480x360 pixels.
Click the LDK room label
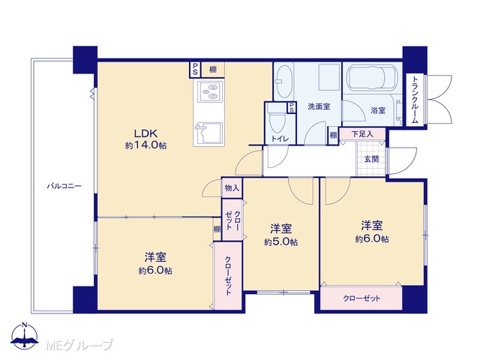(x=145, y=133)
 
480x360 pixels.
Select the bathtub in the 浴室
(x=370, y=78)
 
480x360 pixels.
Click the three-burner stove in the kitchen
(x=208, y=91)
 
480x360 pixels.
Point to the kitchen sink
(x=208, y=133)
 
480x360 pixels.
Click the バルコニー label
(x=64, y=186)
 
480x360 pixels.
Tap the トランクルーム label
(x=415, y=100)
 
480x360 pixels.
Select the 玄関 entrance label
(x=372, y=159)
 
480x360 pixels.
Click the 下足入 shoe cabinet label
(x=362, y=134)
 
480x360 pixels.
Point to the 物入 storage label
(x=232, y=188)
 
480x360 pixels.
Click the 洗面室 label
(x=319, y=106)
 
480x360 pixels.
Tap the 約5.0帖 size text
(x=280, y=242)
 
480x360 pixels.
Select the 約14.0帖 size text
(x=145, y=145)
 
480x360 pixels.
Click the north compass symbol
(x=25, y=336)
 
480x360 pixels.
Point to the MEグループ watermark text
(x=79, y=346)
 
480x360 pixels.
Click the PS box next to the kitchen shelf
(x=195, y=70)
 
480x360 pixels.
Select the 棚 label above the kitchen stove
(x=213, y=70)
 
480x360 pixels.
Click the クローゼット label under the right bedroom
(x=361, y=298)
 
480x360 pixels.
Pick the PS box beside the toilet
(x=292, y=107)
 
